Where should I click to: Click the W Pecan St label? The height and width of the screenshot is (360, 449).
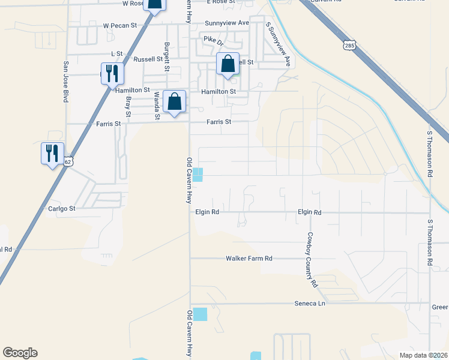(x=121, y=26)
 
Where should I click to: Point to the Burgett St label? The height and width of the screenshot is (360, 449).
(x=167, y=56)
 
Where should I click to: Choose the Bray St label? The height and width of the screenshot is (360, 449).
(x=128, y=106)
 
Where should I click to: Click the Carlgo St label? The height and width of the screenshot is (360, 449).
(x=61, y=209)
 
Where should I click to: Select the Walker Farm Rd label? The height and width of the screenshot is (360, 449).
(x=249, y=259)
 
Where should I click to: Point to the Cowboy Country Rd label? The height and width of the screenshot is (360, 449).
(x=312, y=259)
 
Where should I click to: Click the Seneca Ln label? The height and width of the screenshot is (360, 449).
(x=309, y=304)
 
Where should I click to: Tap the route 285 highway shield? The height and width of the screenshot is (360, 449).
(x=351, y=45)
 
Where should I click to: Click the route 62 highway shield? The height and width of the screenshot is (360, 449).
(x=68, y=162)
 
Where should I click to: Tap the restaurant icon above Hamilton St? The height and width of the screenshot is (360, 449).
(x=112, y=73)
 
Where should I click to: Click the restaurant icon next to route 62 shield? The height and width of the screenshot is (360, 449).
(x=52, y=152)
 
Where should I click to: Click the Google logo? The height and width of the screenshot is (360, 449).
(x=20, y=353)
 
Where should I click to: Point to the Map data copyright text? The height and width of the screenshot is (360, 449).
(x=423, y=355)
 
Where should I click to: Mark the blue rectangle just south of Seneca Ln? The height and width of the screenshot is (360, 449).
(x=200, y=313)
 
